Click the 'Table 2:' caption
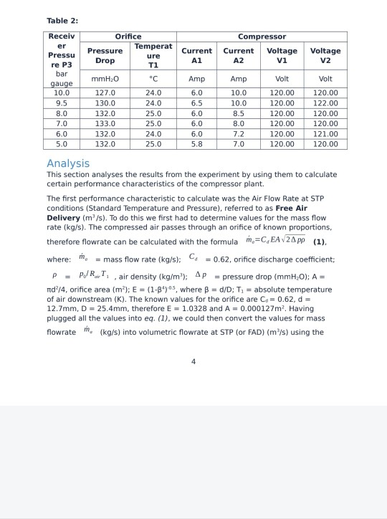coord(62,20)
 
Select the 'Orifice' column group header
coord(129,37)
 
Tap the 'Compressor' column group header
coord(262,37)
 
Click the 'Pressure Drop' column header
coord(105,56)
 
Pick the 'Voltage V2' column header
coord(325,56)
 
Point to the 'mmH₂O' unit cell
coord(105,79)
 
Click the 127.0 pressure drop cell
coord(105,92)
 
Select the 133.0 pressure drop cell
coord(105,123)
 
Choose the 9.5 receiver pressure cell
coord(62,103)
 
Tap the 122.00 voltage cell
coord(325,103)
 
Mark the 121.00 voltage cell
coord(325,133)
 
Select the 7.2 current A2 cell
coord(239,133)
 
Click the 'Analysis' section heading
coord(68,163)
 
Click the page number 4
coord(193,361)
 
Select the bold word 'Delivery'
coord(68,217)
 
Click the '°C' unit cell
coord(153,79)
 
